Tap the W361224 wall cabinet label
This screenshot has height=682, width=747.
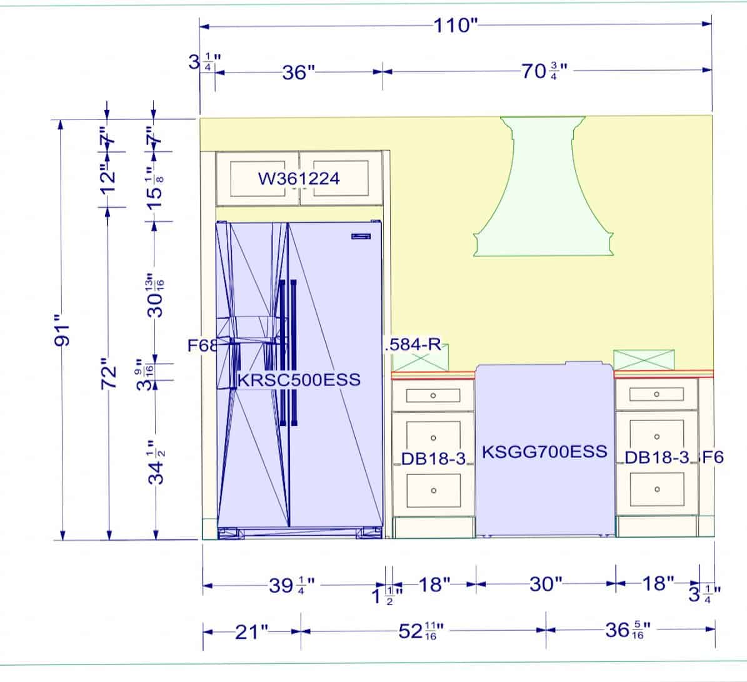pyautogui.click(x=299, y=179)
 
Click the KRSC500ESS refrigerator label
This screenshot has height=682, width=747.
pyautogui.click(x=299, y=380)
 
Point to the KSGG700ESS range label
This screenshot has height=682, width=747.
pyautogui.click(x=544, y=451)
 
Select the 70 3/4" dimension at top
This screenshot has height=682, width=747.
pyautogui.click(x=544, y=71)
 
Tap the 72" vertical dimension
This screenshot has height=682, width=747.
pyautogui.click(x=109, y=374)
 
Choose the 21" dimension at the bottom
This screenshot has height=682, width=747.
pyautogui.click(x=251, y=633)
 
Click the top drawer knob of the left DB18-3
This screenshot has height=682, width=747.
pyautogui.click(x=433, y=395)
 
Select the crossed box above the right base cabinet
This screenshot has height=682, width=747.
pyautogui.click(x=643, y=360)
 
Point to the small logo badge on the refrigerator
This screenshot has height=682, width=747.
pyautogui.click(x=361, y=237)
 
